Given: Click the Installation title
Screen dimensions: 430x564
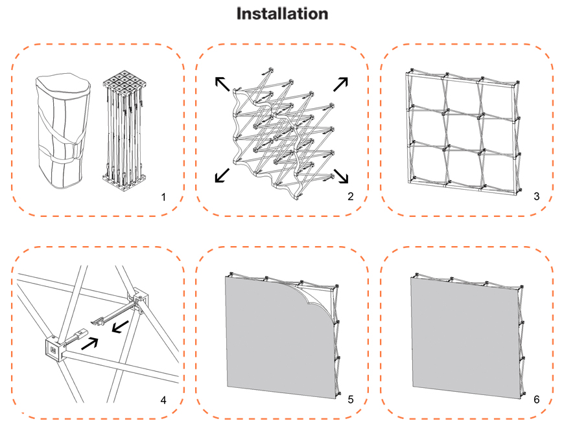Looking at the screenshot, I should click(x=282, y=14).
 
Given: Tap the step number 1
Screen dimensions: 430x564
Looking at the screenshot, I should click(x=164, y=196).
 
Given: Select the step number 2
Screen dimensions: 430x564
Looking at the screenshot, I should click(x=350, y=196).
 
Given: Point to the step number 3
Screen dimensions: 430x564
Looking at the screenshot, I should click(x=536, y=196).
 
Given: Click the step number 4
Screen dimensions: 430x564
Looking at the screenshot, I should click(x=164, y=400).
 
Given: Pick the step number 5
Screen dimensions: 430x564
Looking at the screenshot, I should click(x=350, y=400).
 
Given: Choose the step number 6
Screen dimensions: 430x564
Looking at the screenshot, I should click(x=536, y=400).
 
